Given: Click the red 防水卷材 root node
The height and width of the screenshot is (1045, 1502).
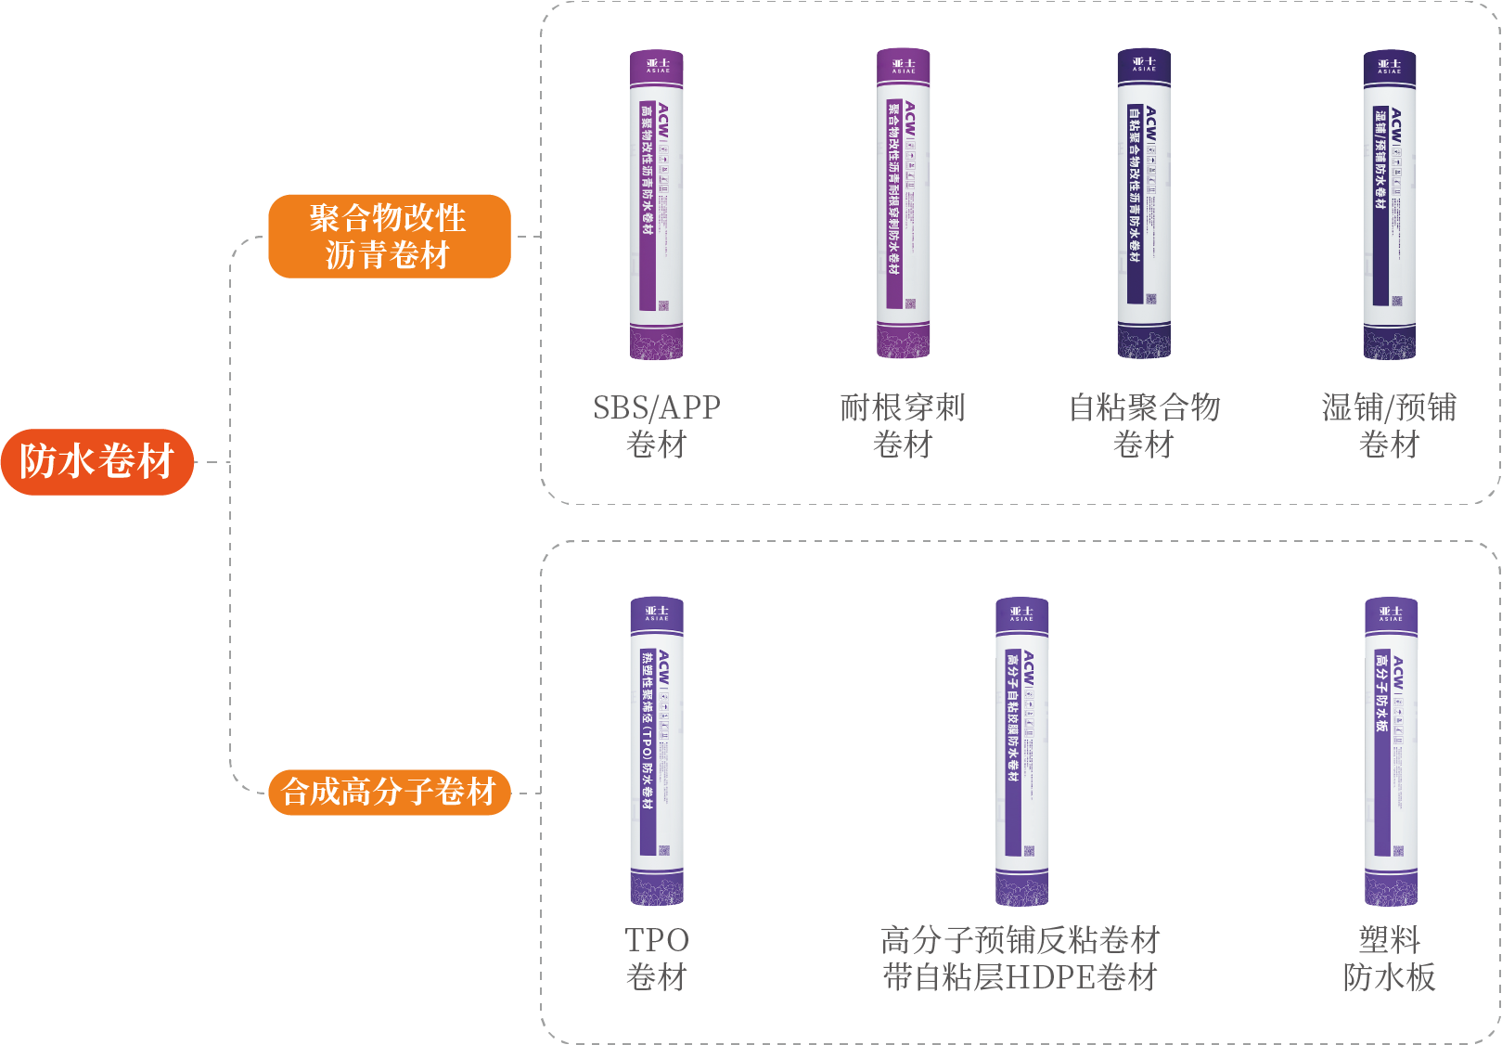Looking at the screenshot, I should coord(97,461).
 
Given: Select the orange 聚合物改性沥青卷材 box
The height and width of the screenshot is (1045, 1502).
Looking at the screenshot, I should coord(389,236).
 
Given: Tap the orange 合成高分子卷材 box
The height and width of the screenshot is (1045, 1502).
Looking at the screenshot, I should coord(389,792).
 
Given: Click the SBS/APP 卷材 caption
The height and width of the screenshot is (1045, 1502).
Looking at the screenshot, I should coord(657,425).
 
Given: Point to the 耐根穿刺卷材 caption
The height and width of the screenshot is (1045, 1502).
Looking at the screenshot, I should coord(903,425).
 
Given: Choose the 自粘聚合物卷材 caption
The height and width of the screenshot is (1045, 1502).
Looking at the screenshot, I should coord(1144,425).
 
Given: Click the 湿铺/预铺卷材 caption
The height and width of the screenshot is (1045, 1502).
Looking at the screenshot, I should coord(1389,425).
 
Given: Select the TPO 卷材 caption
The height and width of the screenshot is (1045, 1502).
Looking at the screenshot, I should coord(657,958).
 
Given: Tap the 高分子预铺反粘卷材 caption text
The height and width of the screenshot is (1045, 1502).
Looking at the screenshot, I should coord(1021,940).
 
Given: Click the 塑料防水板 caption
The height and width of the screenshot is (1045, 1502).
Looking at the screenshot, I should coord(1389,958).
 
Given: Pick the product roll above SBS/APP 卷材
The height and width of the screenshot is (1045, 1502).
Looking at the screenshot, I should coord(657,204).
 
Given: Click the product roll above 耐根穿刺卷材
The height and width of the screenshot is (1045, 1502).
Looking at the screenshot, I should coord(904,204).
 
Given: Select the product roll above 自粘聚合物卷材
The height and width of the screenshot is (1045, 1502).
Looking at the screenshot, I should coord(1144,204).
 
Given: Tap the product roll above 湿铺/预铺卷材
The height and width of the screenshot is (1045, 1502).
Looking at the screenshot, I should coord(1390,204).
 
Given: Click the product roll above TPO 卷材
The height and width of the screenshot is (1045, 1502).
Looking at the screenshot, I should coord(657,752).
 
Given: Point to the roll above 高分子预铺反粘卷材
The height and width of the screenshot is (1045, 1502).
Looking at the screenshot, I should coord(1021,752).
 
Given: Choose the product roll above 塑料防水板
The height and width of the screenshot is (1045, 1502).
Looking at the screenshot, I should coord(1391,752).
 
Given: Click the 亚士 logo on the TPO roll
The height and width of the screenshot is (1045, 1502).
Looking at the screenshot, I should coord(657,613).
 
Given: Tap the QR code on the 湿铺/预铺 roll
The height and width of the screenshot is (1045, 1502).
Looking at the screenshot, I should coord(1397,301).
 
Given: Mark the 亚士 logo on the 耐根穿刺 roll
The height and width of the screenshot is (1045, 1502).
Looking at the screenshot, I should coord(904,66).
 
